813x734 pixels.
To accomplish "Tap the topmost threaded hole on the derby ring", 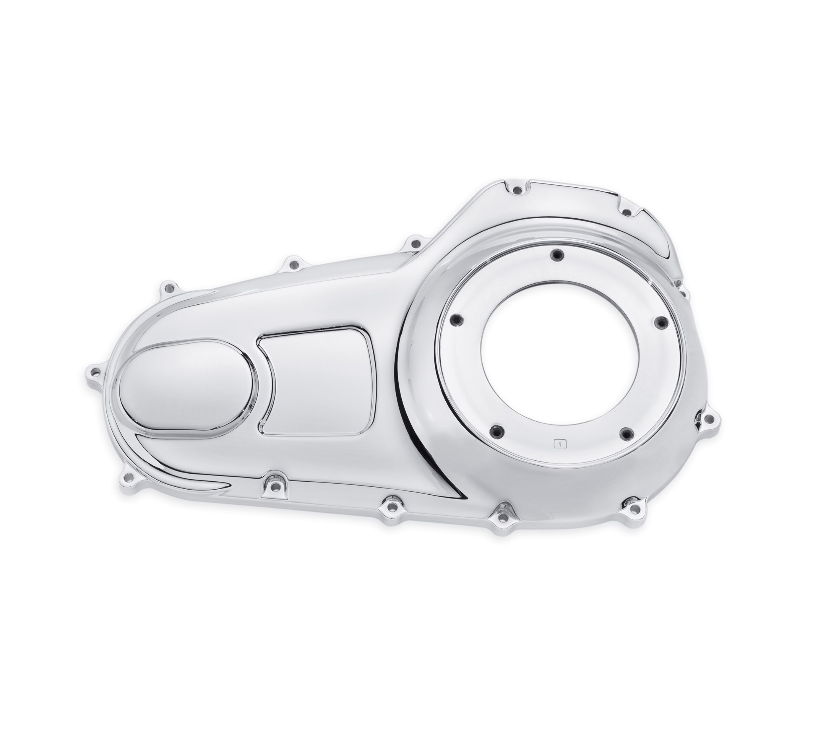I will [557, 254].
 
